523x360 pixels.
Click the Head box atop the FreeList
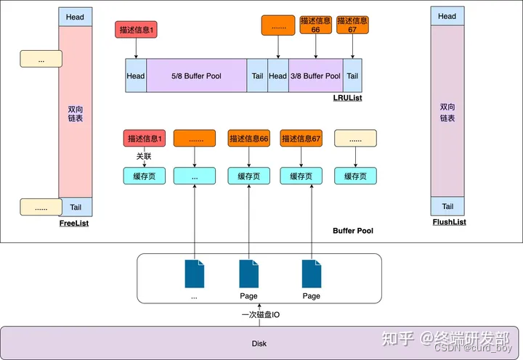click(75, 17)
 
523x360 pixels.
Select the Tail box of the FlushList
click(447, 206)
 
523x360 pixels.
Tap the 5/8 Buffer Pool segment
click(196, 76)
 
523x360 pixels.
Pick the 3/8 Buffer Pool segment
click(315, 76)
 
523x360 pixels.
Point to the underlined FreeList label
click(74, 224)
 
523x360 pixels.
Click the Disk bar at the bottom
click(259, 343)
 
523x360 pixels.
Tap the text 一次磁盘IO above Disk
click(260, 315)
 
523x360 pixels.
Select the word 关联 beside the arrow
click(145, 155)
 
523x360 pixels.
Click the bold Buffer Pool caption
click(353, 231)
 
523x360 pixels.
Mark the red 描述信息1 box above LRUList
click(136, 30)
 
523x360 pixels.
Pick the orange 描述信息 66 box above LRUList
click(316, 25)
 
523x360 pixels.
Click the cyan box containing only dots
click(195, 176)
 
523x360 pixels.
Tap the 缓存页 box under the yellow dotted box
click(355, 176)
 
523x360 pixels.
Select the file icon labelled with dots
click(195, 274)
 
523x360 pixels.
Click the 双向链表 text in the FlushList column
click(447, 112)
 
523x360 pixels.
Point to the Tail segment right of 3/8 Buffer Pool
click(352, 76)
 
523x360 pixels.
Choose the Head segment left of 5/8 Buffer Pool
click(136, 76)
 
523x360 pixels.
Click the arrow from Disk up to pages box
click(260, 308)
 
